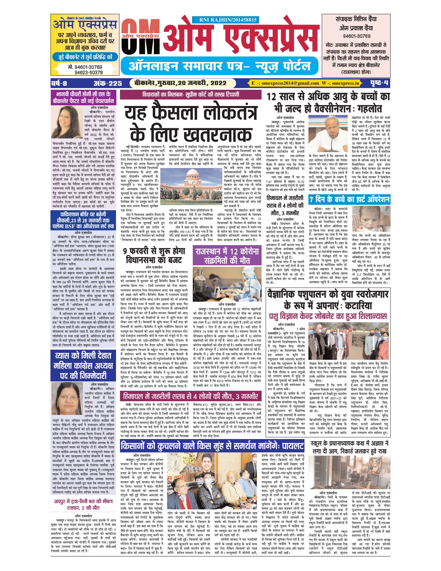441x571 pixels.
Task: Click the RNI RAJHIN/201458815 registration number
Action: [x=228, y=20]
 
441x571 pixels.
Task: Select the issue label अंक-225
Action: [x=108, y=83]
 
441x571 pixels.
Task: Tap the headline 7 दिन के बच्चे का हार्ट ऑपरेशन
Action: [x=349, y=199]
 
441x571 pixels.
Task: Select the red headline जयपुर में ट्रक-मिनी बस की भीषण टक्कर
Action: [x=84, y=504]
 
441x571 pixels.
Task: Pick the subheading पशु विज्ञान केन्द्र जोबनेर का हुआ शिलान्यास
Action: [x=328, y=316]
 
